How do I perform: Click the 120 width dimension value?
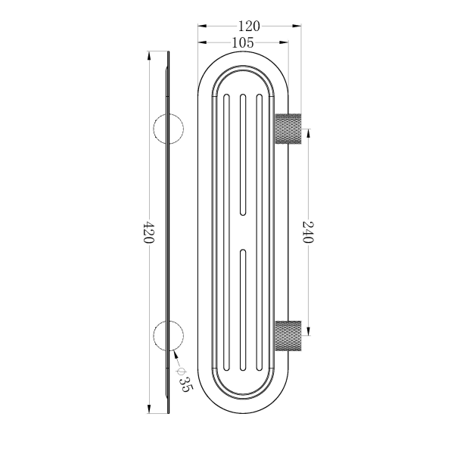[249, 26]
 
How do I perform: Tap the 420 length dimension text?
[149, 232]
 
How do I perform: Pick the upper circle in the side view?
[168, 129]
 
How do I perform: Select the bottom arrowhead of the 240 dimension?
[307, 330]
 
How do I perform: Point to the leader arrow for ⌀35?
[176, 353]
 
